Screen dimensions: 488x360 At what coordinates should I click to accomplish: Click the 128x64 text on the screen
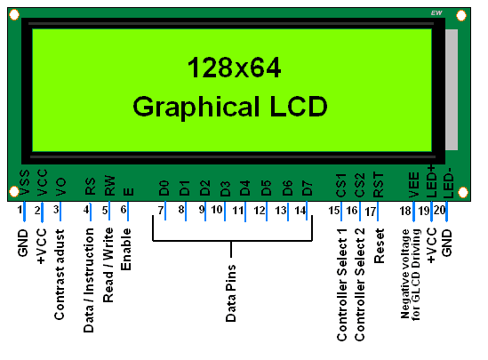[x=234, y=68]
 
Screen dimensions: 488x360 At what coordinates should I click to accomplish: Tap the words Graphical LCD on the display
[x=230, y=107]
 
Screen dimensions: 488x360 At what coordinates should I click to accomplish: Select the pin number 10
[x=217, y=210]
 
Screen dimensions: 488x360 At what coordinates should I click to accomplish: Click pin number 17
[x=371, y=212]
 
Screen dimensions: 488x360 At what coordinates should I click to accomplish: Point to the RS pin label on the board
[x=90, y=186]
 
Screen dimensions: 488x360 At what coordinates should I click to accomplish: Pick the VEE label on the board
[x=414, y=185]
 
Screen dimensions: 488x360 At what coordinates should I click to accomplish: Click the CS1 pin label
[x=341, y=186]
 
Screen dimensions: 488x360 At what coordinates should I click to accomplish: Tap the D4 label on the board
[x=245, y=188]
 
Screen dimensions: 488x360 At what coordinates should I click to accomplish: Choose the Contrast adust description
[x=60, y=275]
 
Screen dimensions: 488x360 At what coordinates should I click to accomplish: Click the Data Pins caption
[x=231, y=293]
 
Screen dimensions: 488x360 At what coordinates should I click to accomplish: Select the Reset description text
[x=379, y=246]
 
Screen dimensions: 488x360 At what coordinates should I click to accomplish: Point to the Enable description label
[x=126, y=249]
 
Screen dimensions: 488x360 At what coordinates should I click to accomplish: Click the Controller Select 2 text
[x=359, y=284]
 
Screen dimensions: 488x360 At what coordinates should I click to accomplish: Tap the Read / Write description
[x=108, y=265]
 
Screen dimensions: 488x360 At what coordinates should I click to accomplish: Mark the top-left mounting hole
[x=14, y=14]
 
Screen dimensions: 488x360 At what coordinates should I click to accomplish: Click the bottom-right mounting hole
[x=463, y=192]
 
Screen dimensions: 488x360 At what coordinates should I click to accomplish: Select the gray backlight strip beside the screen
[x=452, y=90]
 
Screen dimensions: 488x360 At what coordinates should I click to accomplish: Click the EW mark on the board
[x=436, y=13]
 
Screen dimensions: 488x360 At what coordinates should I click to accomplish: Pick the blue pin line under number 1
[x=24, y=212]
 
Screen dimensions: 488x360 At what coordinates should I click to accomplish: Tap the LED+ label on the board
[x=432, y=181]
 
